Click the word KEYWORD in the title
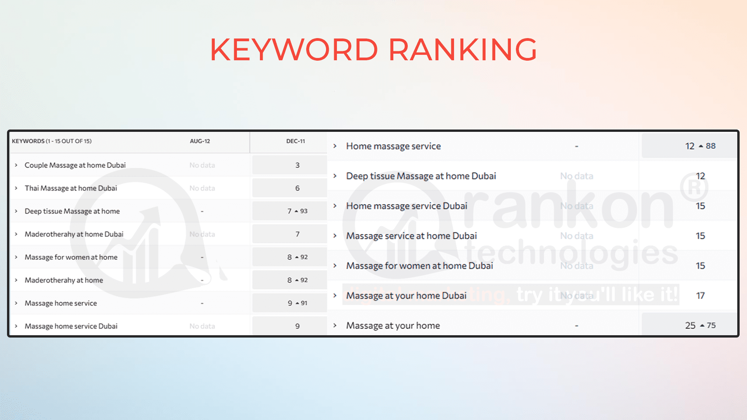pyautogui.click(x=294, y=50)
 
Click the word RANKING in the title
pyautogui.click(x=463, y=50)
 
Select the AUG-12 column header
pyautogui.click(x=200, y=141)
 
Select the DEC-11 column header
pyautogui.click(x=295, y=141)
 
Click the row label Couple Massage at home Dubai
pyautogui.click(x=75, y=165)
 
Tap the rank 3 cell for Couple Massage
pyautogui.click(x=297, y=165)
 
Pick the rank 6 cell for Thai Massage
pyautogui.click(x=297, y=188)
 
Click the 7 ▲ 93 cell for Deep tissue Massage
pyautogui.click(x=297, y=211)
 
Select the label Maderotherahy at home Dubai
pyautogui.click(x=74, y=234)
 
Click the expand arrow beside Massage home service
pyautogui.click(x=16, y=303)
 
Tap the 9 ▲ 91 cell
pyautogui.click(x=297, y=303)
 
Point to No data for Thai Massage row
pyautogui.click(x=202, y=188)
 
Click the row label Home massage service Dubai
pyautogui.click(x=407, y=206)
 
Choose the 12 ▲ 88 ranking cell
pyautogui.click(x=700, y=146)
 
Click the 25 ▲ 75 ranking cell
pyautogui.click(x=700, y=325)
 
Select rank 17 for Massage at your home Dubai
pyautogui.click(x=700, y=296)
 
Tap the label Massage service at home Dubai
pyautogui.click(x=411, y=236)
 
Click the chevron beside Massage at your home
pyautogui.click(x=335, y=325)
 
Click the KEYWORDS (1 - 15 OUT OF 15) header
pyautogui.click(x=52, y=141)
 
